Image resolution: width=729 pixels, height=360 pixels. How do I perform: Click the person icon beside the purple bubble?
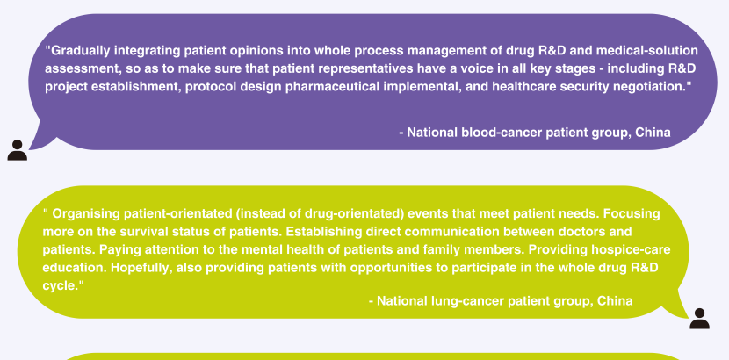[18, 150]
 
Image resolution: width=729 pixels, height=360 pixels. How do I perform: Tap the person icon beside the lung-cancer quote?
[699, 319]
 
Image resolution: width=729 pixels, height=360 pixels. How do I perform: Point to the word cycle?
[60, 286]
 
